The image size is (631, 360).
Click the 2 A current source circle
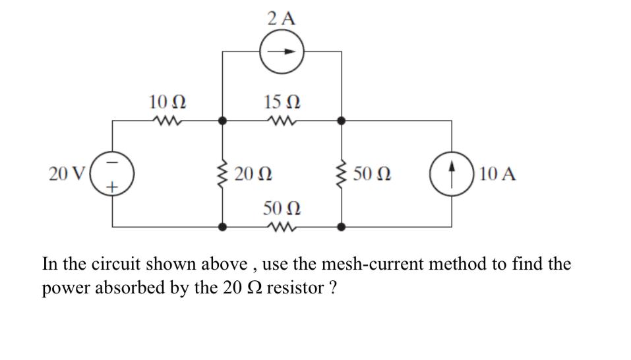tap(282, 52)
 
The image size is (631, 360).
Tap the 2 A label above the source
tap(282, 18)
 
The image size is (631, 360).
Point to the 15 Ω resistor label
tap(282, 102)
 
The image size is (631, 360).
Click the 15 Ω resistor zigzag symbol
tap(282, 121)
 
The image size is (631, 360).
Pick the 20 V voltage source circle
tap(112, 174)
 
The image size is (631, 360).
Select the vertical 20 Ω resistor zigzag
tap(223, 174)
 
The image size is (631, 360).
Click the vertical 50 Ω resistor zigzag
tap(342, 174)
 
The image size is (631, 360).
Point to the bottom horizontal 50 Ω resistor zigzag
tap(282, 226)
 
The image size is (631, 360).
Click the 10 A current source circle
tap(452, 174)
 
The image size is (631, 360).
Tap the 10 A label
tap(498, 174)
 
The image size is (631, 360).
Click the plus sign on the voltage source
tap(112, 187)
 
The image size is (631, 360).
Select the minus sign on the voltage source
tap(112, 161)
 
